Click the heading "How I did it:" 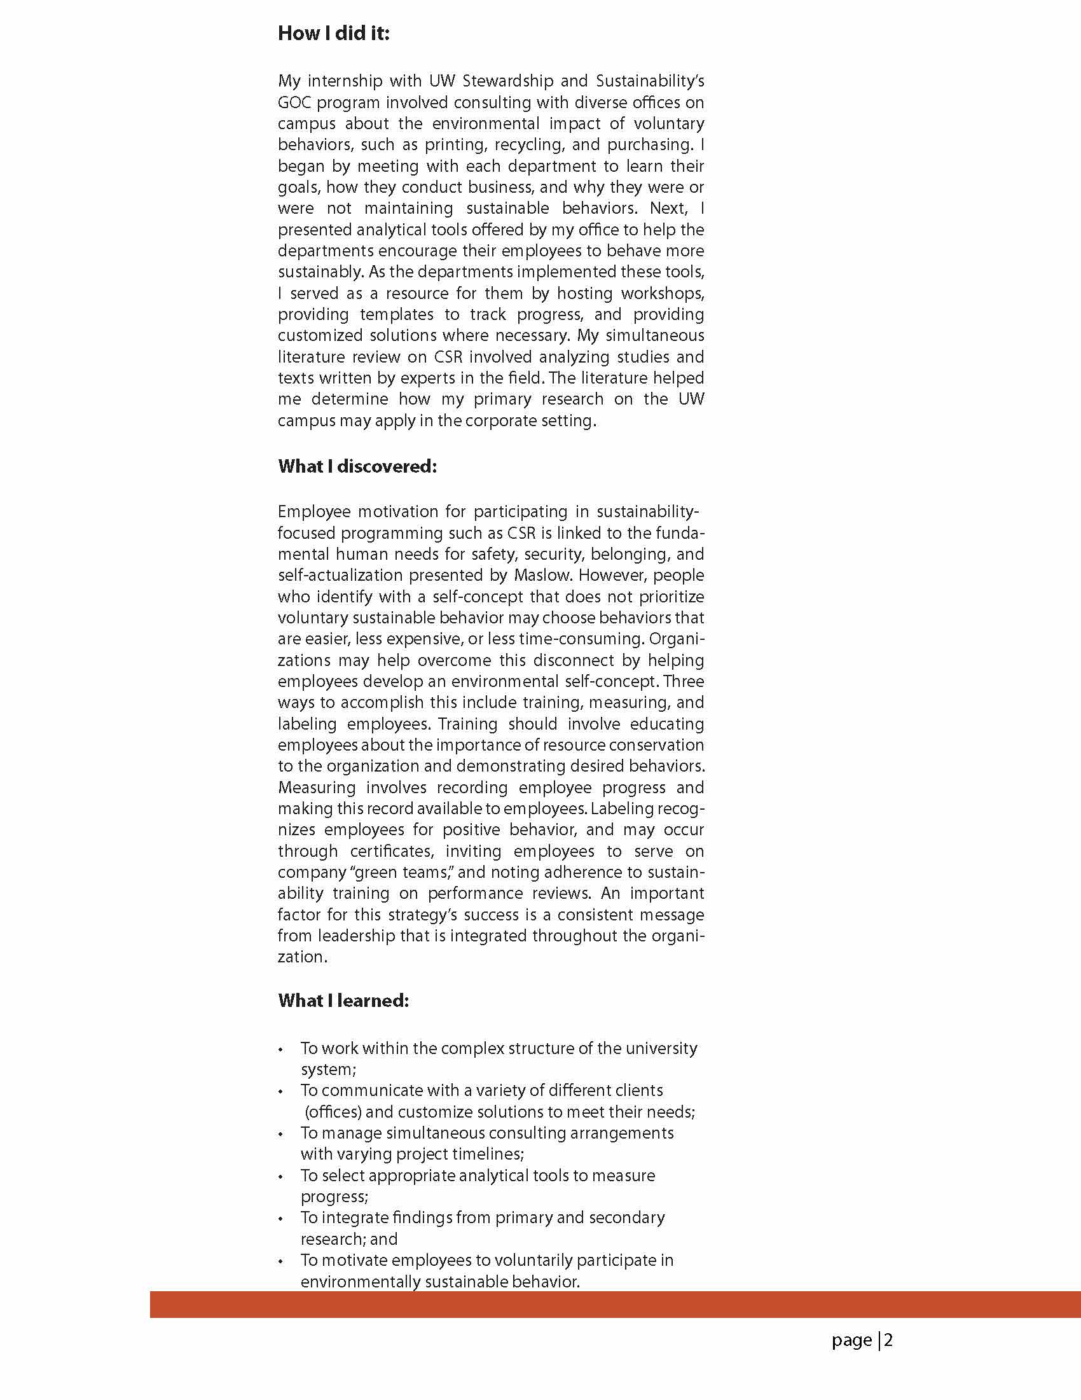click(x=333, y=33)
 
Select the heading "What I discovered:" click(x=357, y=466)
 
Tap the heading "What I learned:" click(x=343, y=1001)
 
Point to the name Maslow click(x=541, y=575)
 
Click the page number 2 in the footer click(x=888, y=1340)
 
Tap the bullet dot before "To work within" click(x=280, y=1050)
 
